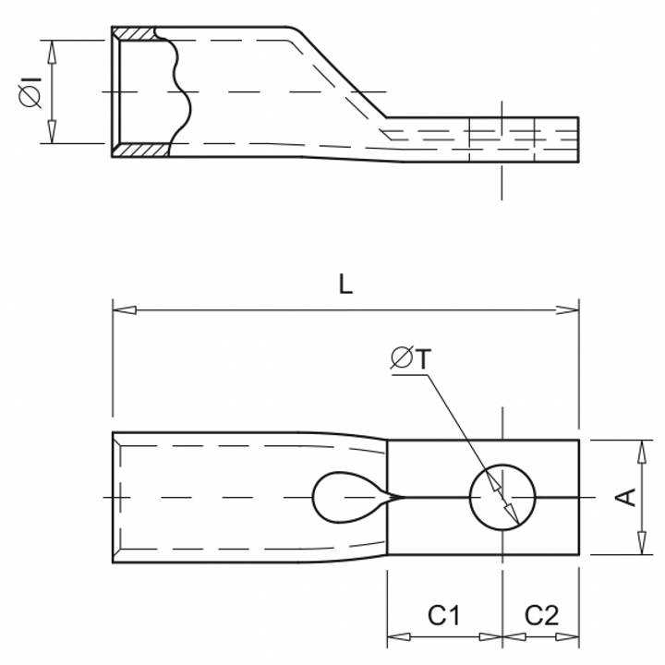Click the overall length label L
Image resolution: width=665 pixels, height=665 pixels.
[x=345, y=284]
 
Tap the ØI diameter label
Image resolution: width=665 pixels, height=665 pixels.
[x=28, y=92]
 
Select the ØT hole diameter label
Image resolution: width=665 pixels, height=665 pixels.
[x=409, y=359]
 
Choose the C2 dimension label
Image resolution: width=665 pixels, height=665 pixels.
[x=541, y=615]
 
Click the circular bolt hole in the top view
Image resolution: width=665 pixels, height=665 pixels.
[x=503, y=497]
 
